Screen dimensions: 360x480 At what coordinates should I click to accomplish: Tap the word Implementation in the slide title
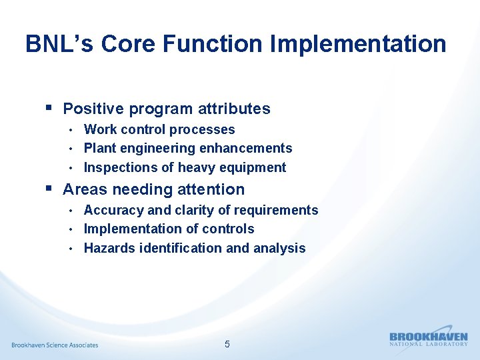click(358, 44)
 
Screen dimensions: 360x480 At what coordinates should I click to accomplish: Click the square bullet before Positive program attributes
click(49, 107)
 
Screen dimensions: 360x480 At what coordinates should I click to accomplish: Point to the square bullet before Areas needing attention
click(49, 189)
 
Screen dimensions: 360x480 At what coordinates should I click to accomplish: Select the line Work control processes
click(159, 129)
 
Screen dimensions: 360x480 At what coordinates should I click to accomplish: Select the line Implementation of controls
click(169, 229)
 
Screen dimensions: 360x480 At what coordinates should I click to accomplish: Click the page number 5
click(227, 344)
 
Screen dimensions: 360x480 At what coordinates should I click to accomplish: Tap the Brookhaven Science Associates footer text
click(55, 345)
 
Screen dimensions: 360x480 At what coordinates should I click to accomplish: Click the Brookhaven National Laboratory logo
click(429, 339)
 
